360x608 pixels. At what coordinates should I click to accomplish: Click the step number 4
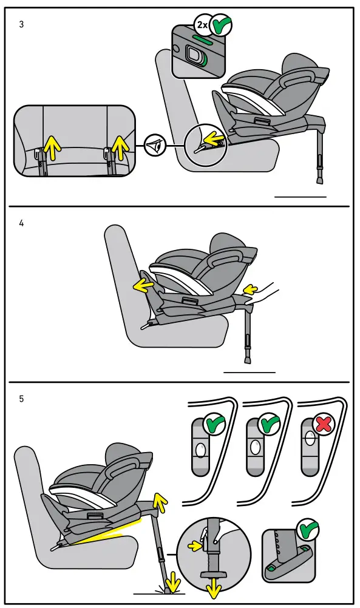[22, 223]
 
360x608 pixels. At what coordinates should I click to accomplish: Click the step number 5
[22, 399]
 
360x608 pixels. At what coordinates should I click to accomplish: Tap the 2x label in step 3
[202, 25]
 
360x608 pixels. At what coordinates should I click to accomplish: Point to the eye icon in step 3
[157, 146]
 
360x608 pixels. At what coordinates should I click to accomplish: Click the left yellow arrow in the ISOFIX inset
[53, 146]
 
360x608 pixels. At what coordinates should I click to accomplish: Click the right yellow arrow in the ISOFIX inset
[120, 146]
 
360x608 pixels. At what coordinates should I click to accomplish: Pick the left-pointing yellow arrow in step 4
[143, 283]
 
